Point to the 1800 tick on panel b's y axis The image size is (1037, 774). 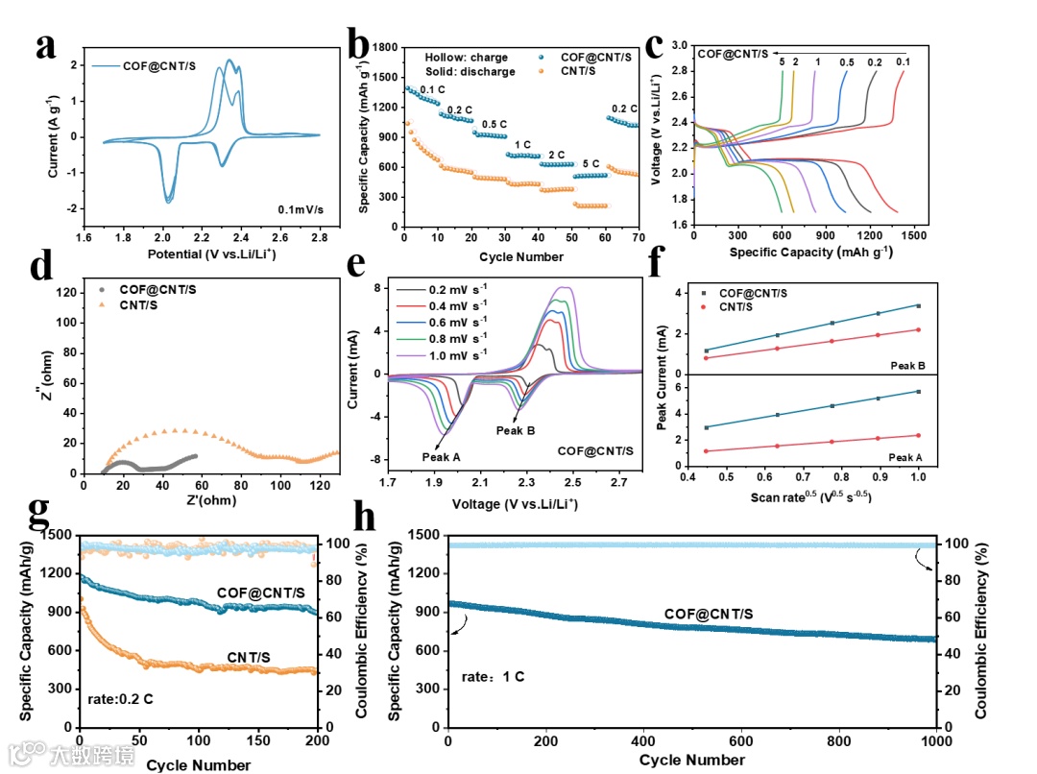click(386, 46)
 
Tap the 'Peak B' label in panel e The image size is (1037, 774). click(516, 430)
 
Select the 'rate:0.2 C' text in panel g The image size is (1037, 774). click(120, 699)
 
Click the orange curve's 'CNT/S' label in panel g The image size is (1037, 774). click(249, 657)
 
